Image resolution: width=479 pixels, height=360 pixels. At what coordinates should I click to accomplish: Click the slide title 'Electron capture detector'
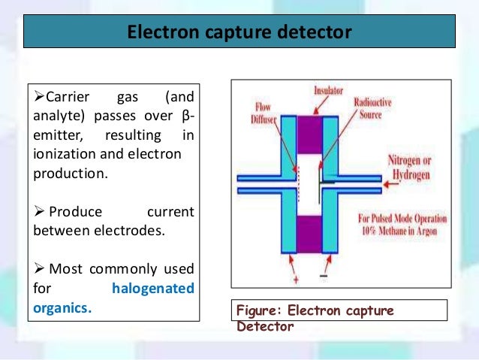[x=239, y=33]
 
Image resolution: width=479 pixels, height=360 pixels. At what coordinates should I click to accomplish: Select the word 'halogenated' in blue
[x=152, y=288]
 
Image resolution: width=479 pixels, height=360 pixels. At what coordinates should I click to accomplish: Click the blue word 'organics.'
[x=62, y=307]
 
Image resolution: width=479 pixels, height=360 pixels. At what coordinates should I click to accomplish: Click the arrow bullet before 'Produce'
[x=40, y=212]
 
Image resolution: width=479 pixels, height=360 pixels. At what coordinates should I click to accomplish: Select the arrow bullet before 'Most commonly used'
[x=40, y=268]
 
